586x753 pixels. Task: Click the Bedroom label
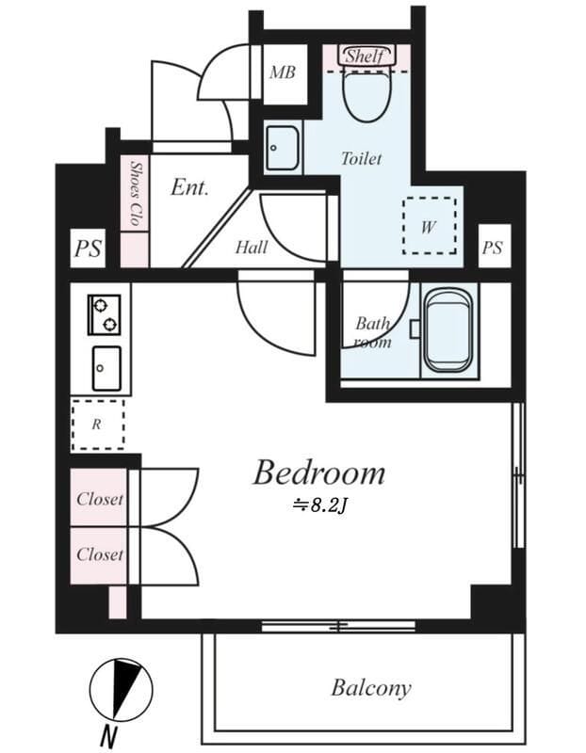(319, 473)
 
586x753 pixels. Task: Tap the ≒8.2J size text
(319, 505)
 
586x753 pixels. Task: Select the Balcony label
(370, 688)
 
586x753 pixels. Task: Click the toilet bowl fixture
(366, 94)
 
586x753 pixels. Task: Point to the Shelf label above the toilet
(366, 56)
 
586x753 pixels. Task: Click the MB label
(283, 72)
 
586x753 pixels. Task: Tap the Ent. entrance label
(190, 187)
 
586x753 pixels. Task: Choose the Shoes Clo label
(135, 193)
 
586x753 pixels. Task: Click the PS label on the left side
(88, 248)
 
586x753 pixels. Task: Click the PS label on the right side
(493, 248)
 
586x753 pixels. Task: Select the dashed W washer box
(430, 226)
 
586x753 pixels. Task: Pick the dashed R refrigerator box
(98, 425)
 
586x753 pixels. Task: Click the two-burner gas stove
(105, 315)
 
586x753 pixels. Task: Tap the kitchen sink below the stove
(106, 368)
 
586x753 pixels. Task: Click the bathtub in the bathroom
(449, 331)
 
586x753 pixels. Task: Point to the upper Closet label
(100, 499)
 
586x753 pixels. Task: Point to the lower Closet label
(100, 554)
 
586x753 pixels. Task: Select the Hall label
(252, 248)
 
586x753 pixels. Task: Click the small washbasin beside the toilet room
(283, 148)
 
